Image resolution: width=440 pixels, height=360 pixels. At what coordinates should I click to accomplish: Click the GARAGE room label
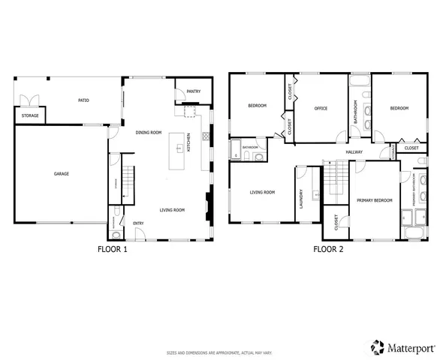61,174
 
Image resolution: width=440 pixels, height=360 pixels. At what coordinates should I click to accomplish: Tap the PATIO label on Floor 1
84,100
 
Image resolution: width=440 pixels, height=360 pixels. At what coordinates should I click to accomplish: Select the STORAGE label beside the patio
30,116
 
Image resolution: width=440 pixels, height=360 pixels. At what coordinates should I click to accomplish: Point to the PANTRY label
193,92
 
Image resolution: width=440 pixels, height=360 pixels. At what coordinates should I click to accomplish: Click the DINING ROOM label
149,133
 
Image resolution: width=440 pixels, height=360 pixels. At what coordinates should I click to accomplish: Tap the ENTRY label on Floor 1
139,223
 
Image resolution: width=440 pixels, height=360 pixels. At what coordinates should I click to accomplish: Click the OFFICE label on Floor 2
321,109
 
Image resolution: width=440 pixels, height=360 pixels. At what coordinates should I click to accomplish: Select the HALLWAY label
354,152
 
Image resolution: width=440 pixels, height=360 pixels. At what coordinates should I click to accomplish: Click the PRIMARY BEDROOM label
374,200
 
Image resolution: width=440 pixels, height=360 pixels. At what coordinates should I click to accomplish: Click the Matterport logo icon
376,346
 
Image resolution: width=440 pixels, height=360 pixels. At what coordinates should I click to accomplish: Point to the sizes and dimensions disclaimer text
219,352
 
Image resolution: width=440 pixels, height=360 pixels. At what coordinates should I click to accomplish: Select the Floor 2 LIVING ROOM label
262,193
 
